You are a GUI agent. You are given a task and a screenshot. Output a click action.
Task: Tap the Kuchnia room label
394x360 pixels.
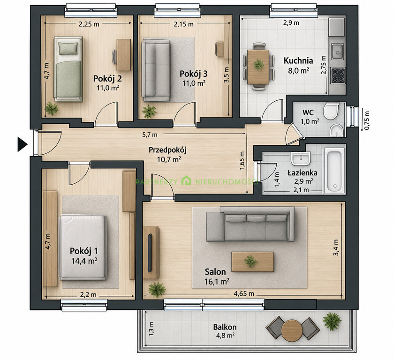(x=298, y=61)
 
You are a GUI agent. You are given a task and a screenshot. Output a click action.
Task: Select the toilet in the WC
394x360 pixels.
(x=331, y=111)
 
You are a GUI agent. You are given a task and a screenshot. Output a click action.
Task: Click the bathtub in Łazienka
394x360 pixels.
(x=334, y=171)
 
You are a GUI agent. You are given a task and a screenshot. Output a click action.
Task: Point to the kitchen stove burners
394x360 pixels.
(x=338, y=76)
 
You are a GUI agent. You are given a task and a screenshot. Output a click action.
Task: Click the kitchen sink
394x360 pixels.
(x=337, y=52)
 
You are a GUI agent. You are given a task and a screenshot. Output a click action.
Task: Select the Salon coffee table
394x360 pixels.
(x=252, y=262)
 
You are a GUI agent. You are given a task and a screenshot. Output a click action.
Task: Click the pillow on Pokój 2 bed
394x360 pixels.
(x=68, y=48)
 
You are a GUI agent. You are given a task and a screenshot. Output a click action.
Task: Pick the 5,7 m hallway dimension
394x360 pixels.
(x=150, y=135)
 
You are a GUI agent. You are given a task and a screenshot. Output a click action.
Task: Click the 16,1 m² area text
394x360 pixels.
(x=217, y=282)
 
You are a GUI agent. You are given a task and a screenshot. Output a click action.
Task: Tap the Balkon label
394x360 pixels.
(x=225, y=327)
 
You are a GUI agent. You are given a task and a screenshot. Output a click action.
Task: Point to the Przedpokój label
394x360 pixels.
(x=167, y=150)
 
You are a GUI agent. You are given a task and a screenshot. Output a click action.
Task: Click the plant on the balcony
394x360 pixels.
(x=332, y=321)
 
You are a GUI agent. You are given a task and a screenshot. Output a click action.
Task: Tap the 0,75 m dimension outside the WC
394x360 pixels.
(x=367, y=120)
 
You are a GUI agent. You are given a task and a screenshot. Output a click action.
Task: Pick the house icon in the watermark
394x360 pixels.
(x=186, y=181)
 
